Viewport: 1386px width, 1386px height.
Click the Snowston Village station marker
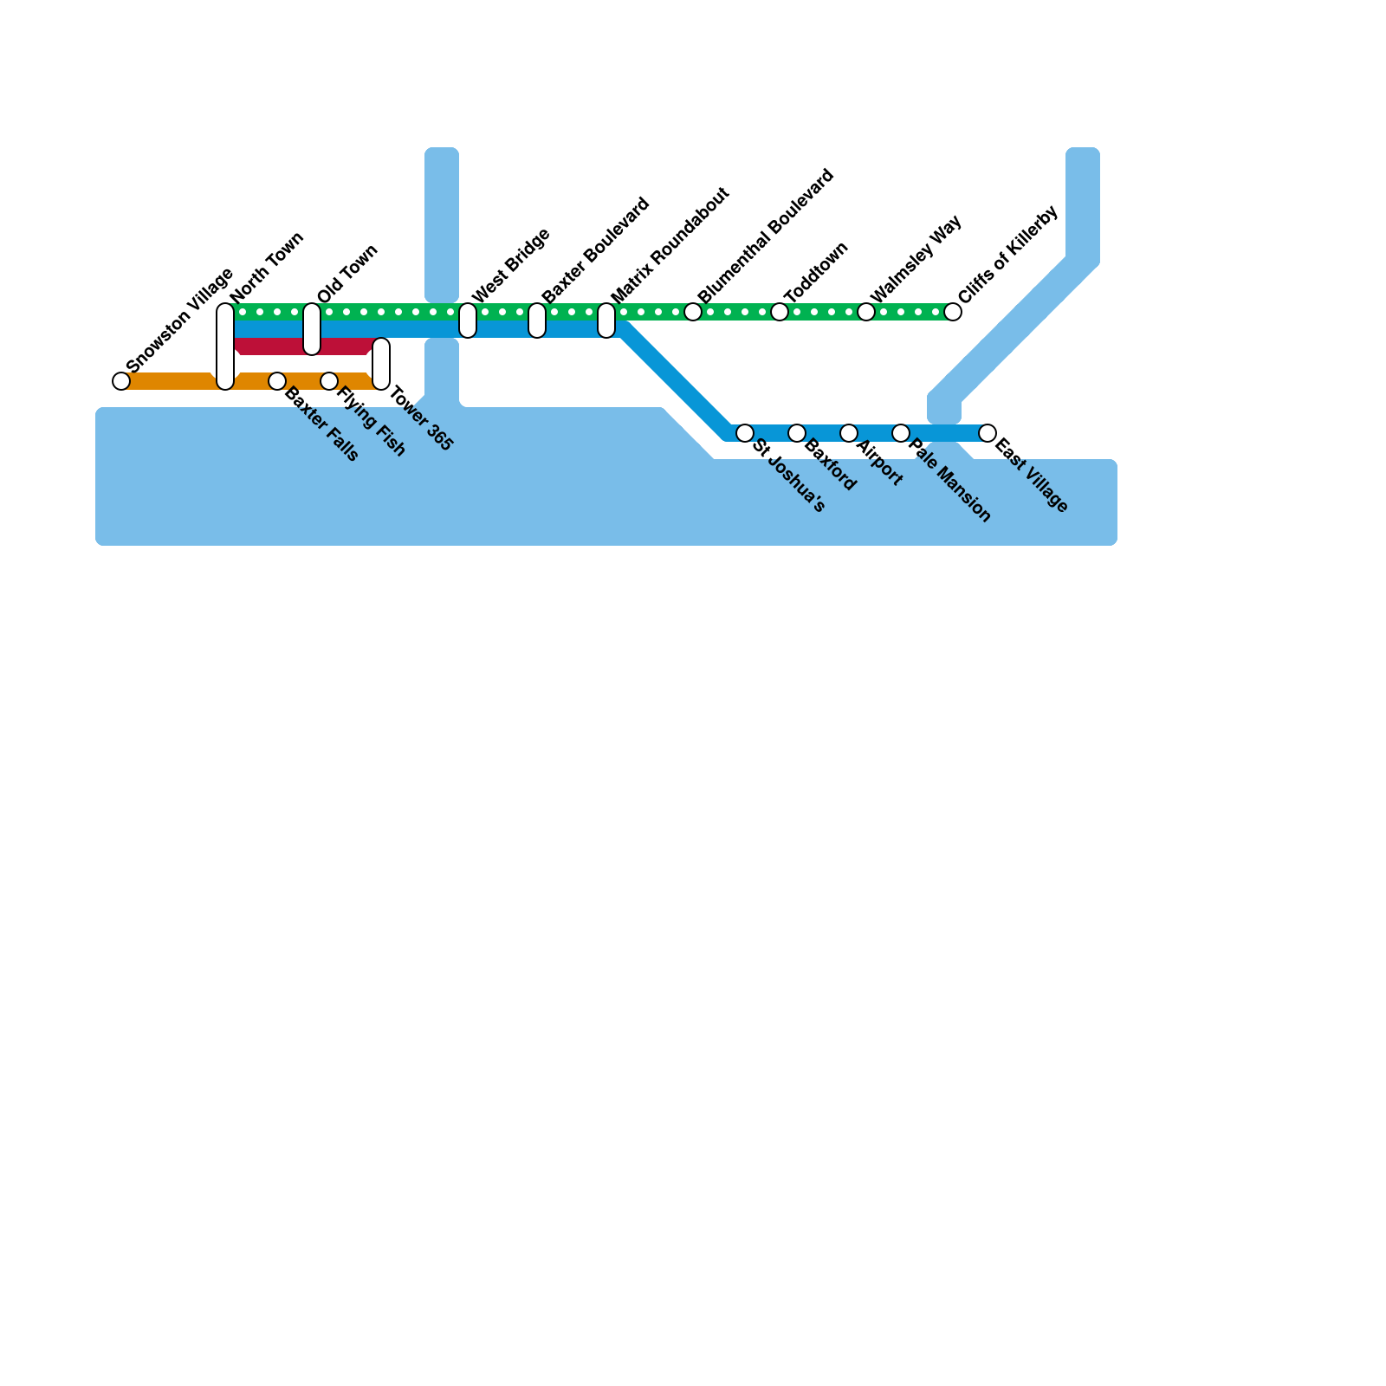coord(121,381)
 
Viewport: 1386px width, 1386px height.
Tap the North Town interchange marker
coord(225,346)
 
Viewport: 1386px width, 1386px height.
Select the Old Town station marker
coord(312,329)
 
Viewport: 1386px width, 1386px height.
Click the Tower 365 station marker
coord(381,364)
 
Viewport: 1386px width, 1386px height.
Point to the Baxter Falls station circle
coord(277,381)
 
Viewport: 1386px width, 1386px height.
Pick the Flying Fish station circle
coord(329,381)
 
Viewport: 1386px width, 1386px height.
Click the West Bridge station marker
coord(468,321)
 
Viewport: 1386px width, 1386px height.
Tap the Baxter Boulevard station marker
coord(537,321)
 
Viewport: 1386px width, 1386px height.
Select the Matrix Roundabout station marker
coord(606,321)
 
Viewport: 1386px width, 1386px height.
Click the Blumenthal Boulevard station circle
coord(693,312)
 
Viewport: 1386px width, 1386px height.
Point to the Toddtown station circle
coord(780,312)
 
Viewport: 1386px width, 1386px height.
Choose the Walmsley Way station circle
coord(866,312)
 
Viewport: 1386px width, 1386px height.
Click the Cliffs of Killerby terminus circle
coord(953,312)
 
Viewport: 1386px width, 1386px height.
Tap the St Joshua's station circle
coord(745,433)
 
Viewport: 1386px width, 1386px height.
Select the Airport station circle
coord(849,433)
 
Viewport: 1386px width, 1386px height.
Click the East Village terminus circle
coord(988,433)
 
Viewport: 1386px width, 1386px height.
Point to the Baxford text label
coord(830,466)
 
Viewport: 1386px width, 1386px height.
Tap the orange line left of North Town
coord(169,381)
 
